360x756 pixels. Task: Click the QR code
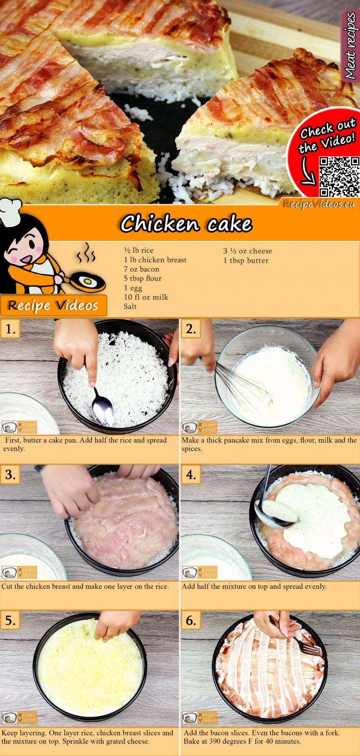click(x=339, y=177)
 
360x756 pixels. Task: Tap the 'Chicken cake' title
click(x=186, y=224)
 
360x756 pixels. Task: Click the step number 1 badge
click(x=10, y=329)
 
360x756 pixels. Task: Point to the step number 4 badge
click(x=190, y=475)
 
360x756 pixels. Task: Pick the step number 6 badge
click(x=190, y=620)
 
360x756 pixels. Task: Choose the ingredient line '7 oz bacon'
click(x=141, y=269)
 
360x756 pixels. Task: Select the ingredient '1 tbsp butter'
click(x=246, y=260)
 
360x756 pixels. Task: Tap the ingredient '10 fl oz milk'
click(x=146, y=297)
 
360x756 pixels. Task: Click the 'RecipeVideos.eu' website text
click(x=319, y=204)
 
